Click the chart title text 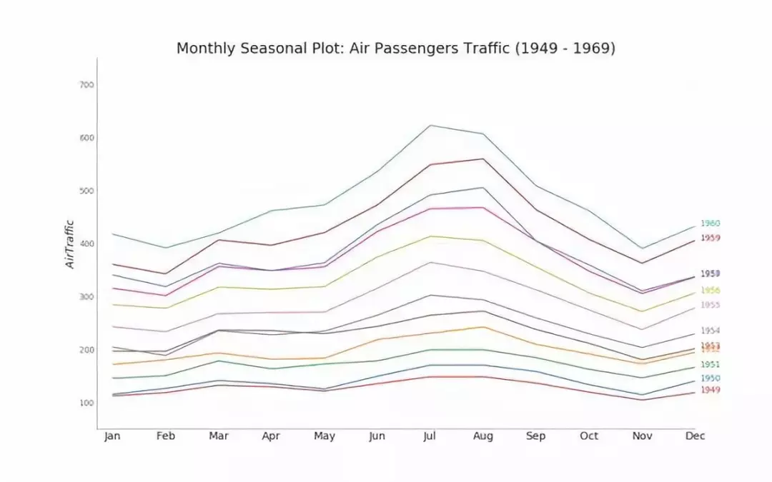click(395, 49)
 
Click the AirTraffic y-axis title click(70, 243)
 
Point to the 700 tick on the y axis click(86, 85)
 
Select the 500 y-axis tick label click(86, 191)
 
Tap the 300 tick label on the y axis click(86, 296)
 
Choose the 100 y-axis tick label click(86, 403)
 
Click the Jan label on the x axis click(112, 436)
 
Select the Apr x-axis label click(271, 436)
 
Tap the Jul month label click(430, 436)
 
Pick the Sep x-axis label click(535, 436)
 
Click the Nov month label click(641, 436)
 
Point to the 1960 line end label click(710, 224)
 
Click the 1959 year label click(710, 238)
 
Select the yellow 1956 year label click(710, 291)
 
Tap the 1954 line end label click(710, 331)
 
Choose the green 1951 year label click(710, 365)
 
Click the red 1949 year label click(710, 390)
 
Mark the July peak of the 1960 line click(430, 126)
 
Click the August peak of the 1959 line click(482, 159)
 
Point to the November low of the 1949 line click(641, 400)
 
